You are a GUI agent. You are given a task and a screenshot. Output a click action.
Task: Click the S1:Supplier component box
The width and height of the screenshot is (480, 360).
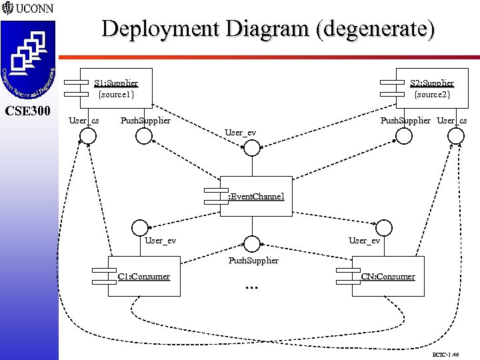116,88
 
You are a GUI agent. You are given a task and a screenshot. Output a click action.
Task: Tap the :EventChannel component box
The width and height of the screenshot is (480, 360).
256,197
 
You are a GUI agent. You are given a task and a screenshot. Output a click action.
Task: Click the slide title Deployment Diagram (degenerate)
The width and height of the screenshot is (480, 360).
268,29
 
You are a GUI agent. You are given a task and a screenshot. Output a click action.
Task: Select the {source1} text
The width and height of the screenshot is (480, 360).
116,95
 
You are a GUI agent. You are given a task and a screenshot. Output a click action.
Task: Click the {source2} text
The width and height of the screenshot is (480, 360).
432,95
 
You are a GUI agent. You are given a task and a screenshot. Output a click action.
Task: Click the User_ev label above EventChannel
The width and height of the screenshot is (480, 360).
241,132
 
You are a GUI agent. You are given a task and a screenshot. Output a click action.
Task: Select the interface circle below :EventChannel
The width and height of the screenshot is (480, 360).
251,243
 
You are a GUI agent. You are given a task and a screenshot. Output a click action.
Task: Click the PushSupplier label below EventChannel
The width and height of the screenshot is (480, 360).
253,260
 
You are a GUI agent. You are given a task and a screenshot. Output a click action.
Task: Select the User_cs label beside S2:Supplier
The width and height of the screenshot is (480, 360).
452,121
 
